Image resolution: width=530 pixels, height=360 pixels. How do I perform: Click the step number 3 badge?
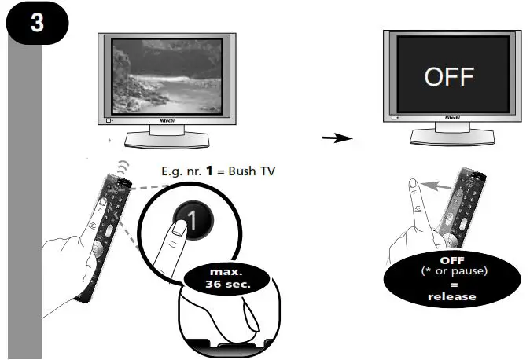click(x=37, y=22)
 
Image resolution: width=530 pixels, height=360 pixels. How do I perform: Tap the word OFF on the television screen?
click(x=449, y=77)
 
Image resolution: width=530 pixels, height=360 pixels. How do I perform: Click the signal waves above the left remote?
click(x=120, y=169)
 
